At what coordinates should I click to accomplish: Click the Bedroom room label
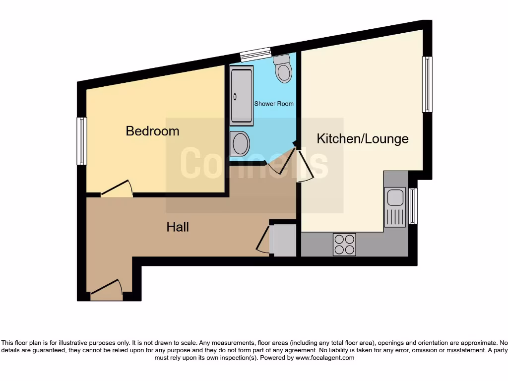pyautogui.click(x=152, y=131)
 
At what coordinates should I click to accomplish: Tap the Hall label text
pyautogui.click(x=178, y=227)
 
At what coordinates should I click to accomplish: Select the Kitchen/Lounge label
pyautogui.click(x=363, y=138)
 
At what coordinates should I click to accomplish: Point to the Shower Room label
pyautogui.click(x=274, y=104)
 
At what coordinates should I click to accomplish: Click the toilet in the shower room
pyautogui.click(x=284, y=69)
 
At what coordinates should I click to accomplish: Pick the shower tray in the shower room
pyautogui.click(x=242, y=96)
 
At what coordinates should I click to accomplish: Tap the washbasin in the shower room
pyautogui.click(x=241, y=143)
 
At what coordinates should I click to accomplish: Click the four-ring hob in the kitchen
pyautogui.click(x=344, y=244)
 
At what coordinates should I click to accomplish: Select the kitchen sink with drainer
pyautogui.click(x=395, y=206)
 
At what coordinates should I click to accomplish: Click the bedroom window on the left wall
pyautogui.click(x=82, y=141)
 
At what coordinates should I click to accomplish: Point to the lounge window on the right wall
pyautogui.click(x=427, y=84)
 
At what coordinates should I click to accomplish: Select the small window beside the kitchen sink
pyautogui.click(x=413, y=206)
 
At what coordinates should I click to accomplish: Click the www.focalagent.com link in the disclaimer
pyautogui.click(x=325, y=358)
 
